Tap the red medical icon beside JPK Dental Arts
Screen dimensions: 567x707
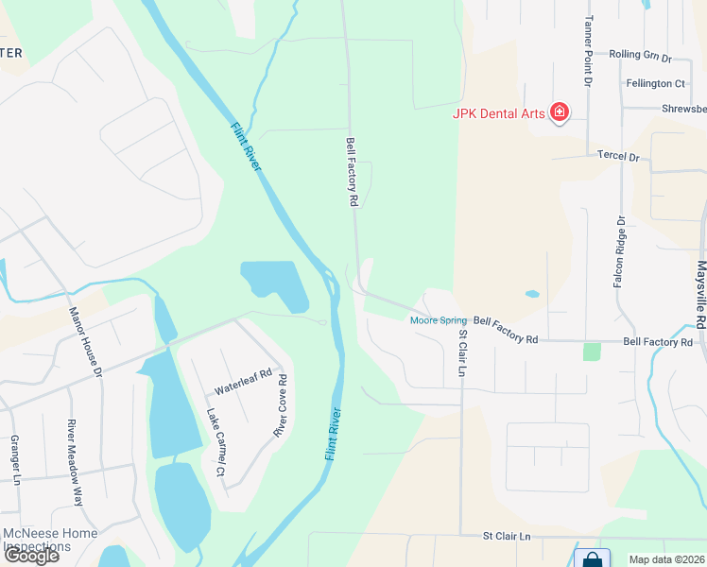click(560, 113)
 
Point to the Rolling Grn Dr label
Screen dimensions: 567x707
click(640, 57)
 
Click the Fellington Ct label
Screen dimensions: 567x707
click(654, 84)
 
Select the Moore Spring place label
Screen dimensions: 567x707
click(438, 320)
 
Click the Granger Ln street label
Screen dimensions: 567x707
click(15, 459)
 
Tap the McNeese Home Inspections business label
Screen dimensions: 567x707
click(49, 540)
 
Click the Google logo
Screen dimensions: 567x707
click(30, 556)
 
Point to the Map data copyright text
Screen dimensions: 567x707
click(666, 559)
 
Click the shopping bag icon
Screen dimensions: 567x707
click(592, 558)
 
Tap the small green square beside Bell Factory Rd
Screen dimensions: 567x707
click(592, 352)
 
